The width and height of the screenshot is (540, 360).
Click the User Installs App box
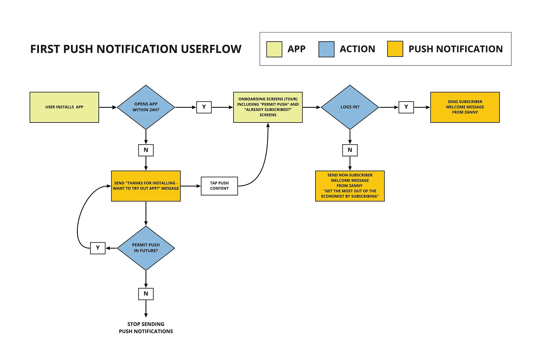point(64,107)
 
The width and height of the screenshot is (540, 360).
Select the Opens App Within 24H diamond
point(146,107)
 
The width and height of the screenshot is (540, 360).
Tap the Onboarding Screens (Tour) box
point(268,107)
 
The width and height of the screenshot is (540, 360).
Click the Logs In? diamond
point(350,107)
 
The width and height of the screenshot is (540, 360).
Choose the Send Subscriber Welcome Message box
point(465,107)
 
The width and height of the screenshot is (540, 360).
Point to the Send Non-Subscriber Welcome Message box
point(350,186)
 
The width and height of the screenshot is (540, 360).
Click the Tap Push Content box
point(219,186)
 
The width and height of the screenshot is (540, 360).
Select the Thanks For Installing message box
point(146,186)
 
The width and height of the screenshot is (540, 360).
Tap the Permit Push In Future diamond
point(146,248)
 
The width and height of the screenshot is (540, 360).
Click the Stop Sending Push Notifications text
point(146,328)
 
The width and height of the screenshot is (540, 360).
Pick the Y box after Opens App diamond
point(204,107)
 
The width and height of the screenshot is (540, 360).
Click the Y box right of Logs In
point(406,107)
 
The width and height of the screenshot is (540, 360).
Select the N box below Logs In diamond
point(350,150)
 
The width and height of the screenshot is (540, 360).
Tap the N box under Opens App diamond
point(146,150)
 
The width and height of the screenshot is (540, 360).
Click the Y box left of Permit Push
point(98,248)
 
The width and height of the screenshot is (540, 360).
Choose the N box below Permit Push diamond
point(146,294)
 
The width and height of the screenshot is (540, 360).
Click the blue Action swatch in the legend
point(326,49)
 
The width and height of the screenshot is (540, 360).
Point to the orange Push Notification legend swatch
point(395,49)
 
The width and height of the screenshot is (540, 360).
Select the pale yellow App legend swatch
point(274,49)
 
